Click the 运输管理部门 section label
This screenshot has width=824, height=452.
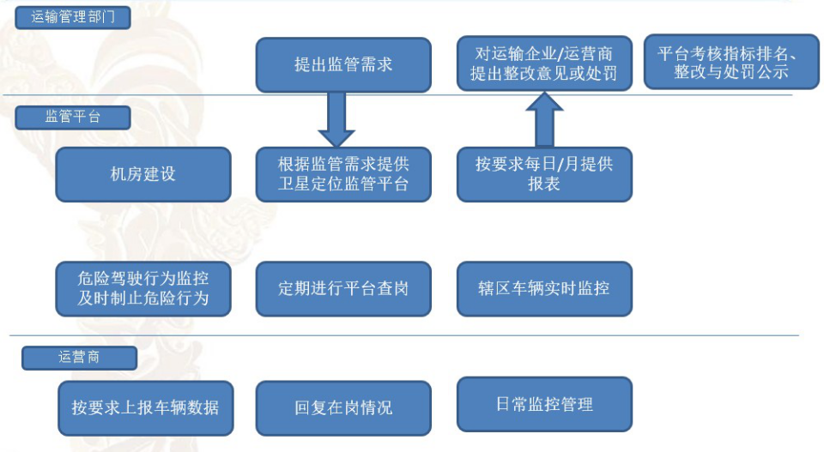pos(72,17)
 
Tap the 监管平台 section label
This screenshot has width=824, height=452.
pos(72,117)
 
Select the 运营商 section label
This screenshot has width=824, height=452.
pos(79,358)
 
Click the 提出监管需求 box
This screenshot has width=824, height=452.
pos(343,64)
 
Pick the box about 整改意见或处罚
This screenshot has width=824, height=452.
pos(544,63)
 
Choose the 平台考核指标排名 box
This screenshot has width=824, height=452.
pos(731,62)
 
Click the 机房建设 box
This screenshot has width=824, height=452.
pos(143,174)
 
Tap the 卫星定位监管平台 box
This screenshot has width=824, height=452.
pos(343,174)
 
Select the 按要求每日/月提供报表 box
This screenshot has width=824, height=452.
pos(544,174)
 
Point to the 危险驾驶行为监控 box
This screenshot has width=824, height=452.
pos(143,289)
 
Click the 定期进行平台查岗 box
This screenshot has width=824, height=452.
pos(343,289)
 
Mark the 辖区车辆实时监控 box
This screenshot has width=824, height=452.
pos(544,289)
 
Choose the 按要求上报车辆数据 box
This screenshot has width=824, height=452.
pos(146,408)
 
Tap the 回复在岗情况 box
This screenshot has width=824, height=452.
pos(343,408)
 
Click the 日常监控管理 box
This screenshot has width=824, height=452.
pos(544,404)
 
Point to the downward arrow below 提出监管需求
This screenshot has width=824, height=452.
pos(336,120)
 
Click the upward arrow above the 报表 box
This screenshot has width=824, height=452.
pos(544,119)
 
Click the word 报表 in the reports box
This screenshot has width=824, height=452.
pos(544,184)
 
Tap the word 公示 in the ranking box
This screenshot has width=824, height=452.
pos(772,72)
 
